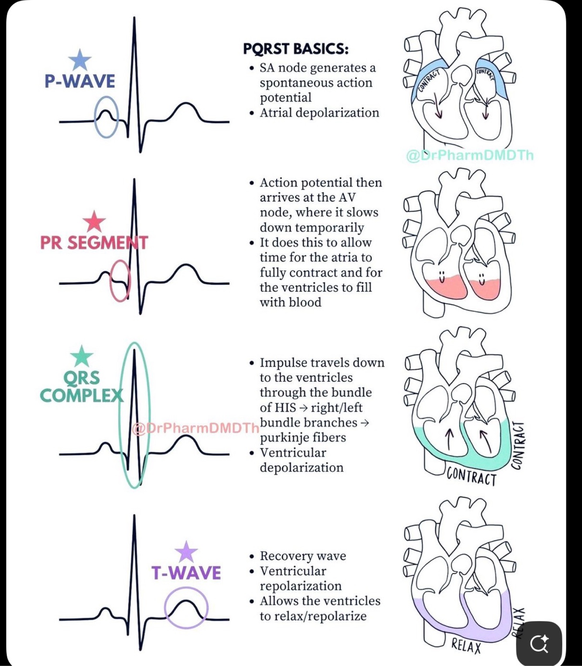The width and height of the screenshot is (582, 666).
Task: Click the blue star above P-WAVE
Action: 80,60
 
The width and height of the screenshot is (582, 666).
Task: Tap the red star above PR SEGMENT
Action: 94,222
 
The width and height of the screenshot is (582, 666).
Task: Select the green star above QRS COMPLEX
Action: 82,356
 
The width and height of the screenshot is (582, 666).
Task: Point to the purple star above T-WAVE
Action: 186,552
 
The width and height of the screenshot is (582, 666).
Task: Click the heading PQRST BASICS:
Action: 295,49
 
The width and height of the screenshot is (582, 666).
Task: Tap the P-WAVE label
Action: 80,81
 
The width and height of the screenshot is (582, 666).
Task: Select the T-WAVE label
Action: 186,573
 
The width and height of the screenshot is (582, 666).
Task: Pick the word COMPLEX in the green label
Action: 82,396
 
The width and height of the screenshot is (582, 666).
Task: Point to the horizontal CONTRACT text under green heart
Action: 471,477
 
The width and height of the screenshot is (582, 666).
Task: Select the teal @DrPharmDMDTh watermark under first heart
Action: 470,155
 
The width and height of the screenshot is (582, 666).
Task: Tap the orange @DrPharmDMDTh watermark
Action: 195,428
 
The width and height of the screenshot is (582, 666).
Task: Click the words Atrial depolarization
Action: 319,113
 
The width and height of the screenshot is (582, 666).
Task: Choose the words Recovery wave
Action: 303,556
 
